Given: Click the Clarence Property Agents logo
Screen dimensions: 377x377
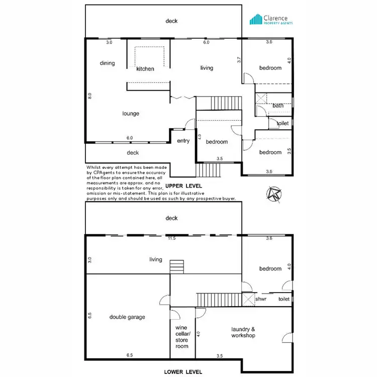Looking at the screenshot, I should click(272, 20).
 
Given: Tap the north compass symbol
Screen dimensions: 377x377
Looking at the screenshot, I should click(274, 194).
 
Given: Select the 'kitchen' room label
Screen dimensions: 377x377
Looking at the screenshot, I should click(145, 69).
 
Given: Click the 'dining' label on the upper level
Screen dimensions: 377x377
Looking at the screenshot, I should click(107, 63).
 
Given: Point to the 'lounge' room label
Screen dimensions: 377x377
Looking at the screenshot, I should click(131, 114).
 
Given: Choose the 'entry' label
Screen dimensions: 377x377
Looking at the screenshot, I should click(183, 141).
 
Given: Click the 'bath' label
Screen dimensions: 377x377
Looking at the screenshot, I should click(278, 106).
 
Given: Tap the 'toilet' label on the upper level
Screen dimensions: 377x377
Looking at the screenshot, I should click(282, 123).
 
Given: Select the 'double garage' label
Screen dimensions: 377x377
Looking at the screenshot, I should click(127, 317).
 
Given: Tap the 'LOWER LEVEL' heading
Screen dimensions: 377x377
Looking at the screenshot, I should click(183, 372).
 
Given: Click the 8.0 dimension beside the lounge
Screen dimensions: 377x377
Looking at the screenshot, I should click(89, 95).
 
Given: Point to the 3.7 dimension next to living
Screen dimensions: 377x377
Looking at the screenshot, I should click(239, 60).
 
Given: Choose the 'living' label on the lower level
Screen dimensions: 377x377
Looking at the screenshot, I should click(156, 259).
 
